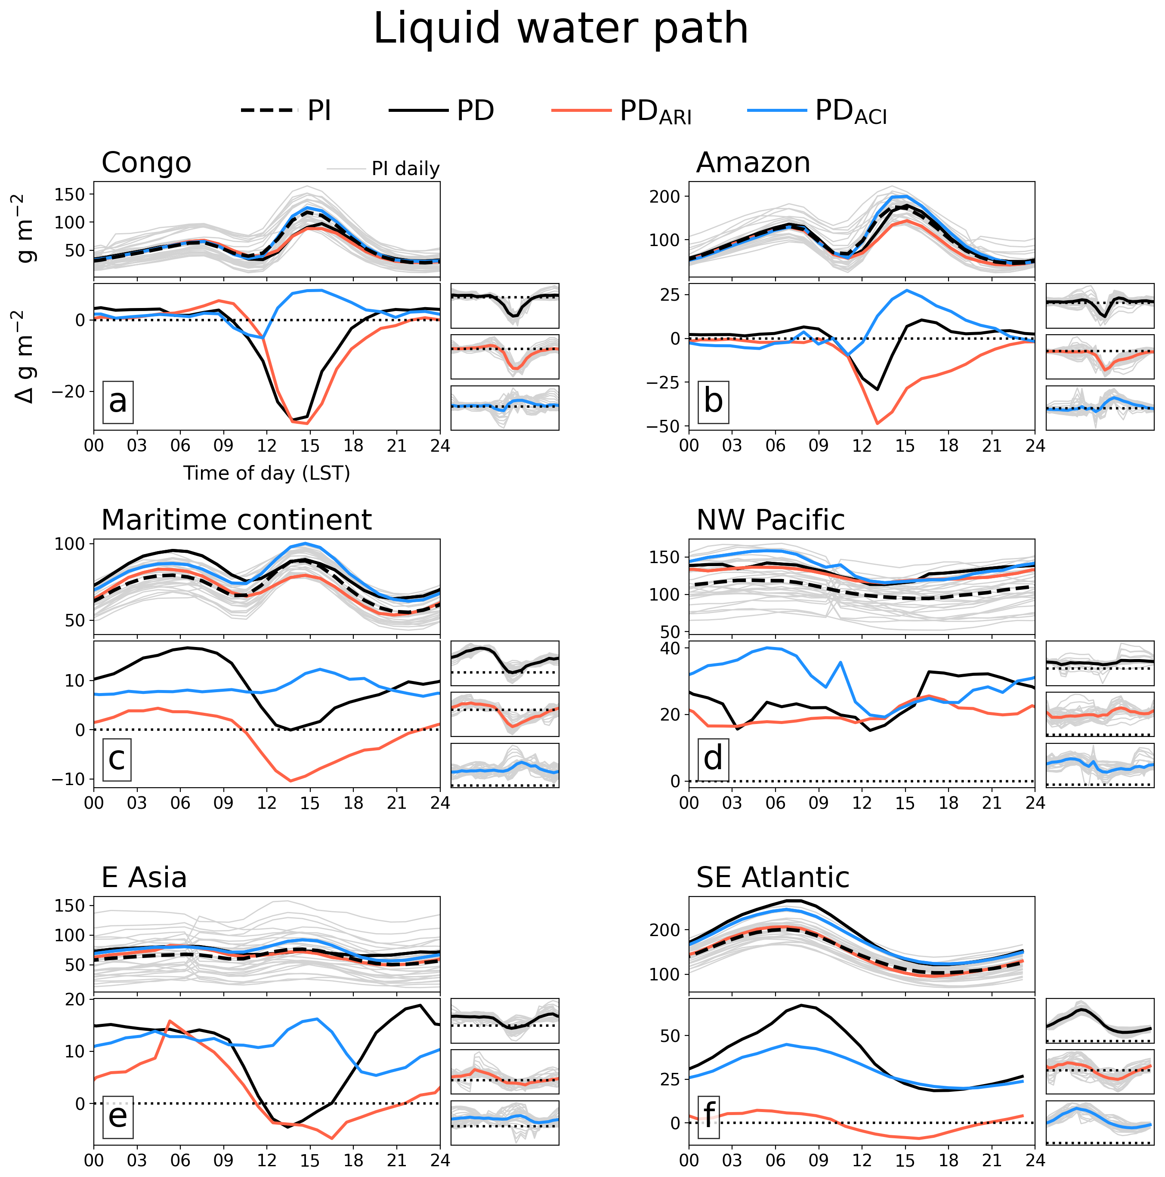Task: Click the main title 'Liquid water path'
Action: [561, 29]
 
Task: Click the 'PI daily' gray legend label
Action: [405, 169]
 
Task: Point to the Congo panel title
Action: [146, 163]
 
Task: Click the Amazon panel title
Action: [753, 163]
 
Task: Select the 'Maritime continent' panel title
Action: [236, 520]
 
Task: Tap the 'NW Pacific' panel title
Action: [770, 520]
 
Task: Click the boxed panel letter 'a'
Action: [117, 401]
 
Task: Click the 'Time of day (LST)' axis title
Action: [267, 473]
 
